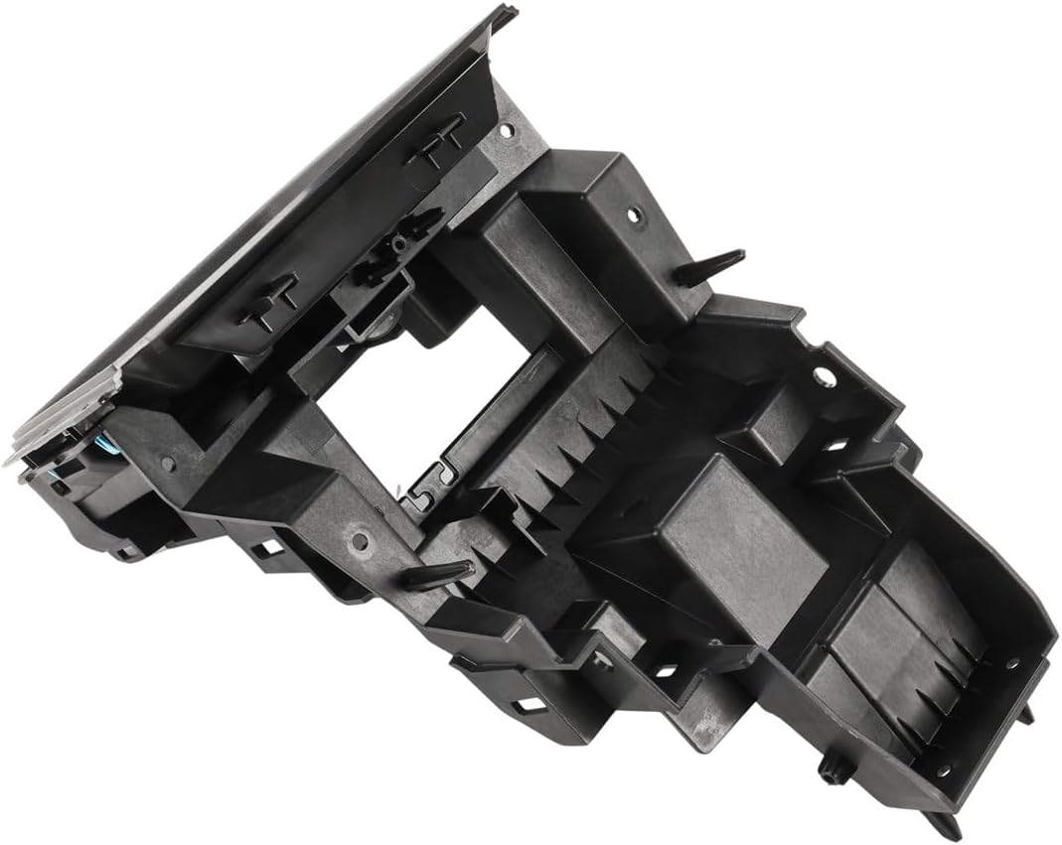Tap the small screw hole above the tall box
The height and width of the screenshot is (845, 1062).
(x=507, y=129)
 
